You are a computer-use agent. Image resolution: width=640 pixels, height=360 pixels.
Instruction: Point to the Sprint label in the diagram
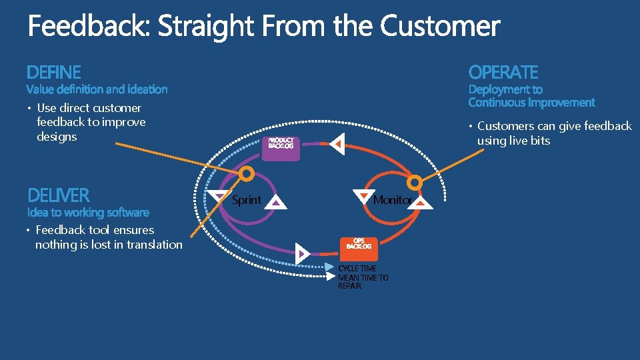246,200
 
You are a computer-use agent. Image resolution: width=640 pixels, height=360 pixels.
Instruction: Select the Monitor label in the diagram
391,200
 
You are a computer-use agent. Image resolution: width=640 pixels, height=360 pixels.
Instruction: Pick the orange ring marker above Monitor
415,181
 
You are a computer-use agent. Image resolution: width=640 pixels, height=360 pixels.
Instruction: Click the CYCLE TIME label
357,269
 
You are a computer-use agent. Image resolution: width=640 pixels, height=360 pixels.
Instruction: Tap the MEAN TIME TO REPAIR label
363,281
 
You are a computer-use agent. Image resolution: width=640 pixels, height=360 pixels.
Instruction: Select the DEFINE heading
54,72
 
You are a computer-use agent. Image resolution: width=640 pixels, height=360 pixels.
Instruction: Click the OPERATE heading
503,72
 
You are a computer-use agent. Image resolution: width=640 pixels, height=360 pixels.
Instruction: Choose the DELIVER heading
58,195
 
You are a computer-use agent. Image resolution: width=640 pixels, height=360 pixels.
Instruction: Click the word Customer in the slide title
440,27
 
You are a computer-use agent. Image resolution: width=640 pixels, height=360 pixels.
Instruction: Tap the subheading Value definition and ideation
97,89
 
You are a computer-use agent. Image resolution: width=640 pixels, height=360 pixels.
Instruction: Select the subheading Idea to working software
88,213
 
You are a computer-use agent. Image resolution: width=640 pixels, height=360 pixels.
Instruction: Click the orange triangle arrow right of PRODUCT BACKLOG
337,143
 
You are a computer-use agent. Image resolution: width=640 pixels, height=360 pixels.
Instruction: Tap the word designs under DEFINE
57,137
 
